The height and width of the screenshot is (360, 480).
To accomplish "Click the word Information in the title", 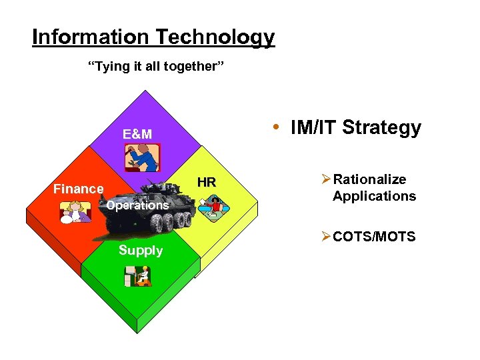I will pyautogui.click(x=81, y=37).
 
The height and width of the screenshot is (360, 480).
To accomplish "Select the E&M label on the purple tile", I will pyautogui.click(x=137, y=134).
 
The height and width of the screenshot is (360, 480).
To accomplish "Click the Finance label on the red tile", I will pyautogui.click(x=78, y=189).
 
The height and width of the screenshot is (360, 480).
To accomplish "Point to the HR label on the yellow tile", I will pyautogui.click(x=207, y=182).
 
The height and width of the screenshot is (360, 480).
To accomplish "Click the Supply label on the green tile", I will pyautogui.click(x=140, y=250).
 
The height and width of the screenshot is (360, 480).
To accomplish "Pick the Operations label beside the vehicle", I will pyautogui.click(x=137, y=205).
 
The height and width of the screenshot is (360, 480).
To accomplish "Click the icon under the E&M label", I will pyautogui.click(x=142, y=158).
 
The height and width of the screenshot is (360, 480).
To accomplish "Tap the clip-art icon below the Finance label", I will pyautogui.click(x=75, y=211).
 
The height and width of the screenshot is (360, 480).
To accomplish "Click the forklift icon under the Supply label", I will pyautogui.click(x=138, y=275).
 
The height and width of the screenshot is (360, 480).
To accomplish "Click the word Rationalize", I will pyautogui.click(x=369, y=179).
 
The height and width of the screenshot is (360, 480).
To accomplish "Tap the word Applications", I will pyautogui.click(x=374, y=196).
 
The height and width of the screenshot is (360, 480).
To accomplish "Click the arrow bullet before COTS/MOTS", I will pyautogui.click(x=325, y=237).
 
